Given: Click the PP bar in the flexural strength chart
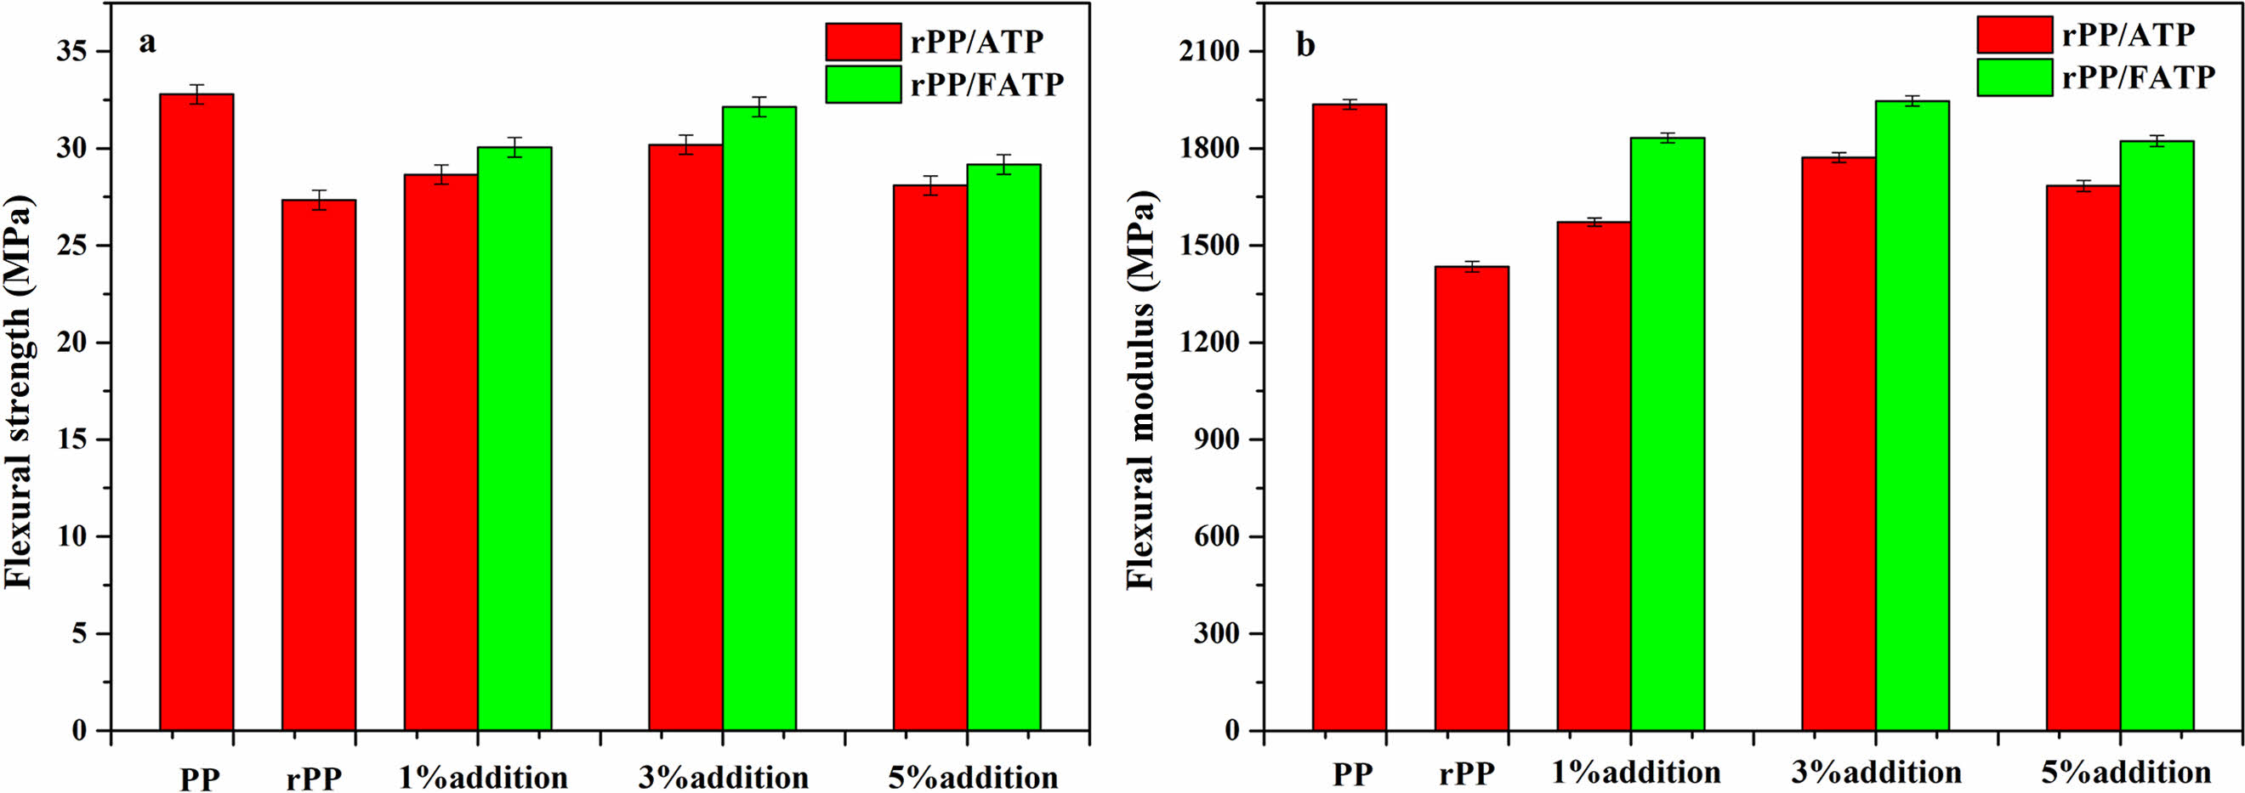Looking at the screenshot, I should [196, 410].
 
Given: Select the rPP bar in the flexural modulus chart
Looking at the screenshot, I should [1471, 496].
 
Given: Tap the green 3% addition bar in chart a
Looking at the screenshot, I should [759, 418].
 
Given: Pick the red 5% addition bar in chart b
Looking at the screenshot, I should [2083, 457].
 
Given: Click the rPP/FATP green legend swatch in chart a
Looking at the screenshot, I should [863, 84].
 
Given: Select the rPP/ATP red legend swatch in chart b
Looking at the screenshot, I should [2013, 35].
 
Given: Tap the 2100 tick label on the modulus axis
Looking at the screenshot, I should [1208, 51].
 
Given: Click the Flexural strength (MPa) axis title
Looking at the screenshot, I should [20, 392].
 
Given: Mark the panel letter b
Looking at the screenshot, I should [1305, 43].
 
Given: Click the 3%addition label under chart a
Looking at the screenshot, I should [724, 777].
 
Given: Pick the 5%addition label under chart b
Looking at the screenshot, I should [2126, 772].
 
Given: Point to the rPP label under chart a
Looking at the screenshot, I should [314, 778].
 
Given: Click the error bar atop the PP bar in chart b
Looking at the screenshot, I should [1349, 105].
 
